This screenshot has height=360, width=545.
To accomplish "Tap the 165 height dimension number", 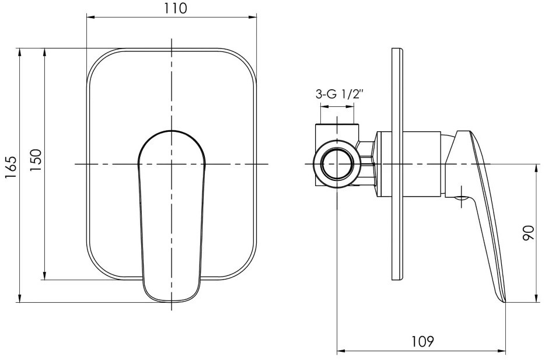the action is (x=11, y=167).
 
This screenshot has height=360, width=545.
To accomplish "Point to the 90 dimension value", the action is (x=528, y=233).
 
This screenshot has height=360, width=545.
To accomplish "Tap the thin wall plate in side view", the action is (x=397, y=164).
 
